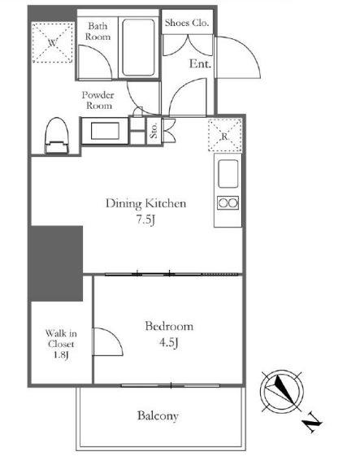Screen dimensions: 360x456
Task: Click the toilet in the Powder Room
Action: (57, 135)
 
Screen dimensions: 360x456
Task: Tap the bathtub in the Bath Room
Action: (138, 47)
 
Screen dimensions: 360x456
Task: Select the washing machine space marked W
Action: (52, 43)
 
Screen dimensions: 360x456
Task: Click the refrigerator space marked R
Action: (225, 136)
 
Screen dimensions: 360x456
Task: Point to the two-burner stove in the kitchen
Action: (228, 202)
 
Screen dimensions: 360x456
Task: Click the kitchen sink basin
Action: (228, 174)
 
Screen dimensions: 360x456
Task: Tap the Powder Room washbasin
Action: (105, 131)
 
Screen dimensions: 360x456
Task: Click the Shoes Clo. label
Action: (187, 23)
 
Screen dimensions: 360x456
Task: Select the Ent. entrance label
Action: (200, 63)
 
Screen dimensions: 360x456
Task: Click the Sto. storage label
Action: (154, 130)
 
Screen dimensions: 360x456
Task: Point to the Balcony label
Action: (158, 415)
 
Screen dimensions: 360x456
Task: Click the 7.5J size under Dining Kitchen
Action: (145, 219)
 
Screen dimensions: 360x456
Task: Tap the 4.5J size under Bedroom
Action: (169, 342)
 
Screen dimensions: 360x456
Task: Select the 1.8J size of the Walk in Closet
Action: (61, 355)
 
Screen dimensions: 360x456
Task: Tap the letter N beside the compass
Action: (312, 422)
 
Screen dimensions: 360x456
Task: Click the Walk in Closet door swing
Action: (115, 337)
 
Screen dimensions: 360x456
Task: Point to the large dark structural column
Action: (56, 263)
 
